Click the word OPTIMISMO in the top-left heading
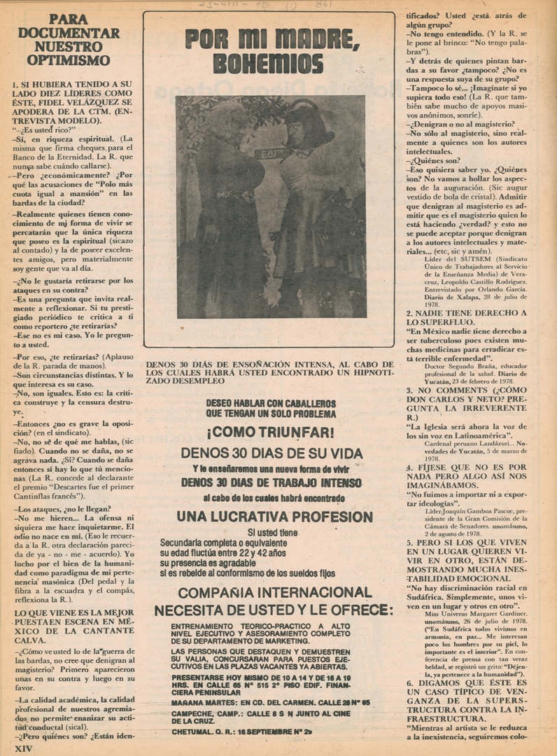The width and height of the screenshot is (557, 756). (69, 60)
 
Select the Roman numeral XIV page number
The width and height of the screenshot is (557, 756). (24, 748)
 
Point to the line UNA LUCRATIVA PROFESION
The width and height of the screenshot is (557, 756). (274, 517)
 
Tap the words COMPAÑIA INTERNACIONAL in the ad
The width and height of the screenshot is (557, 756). (274, 593)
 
